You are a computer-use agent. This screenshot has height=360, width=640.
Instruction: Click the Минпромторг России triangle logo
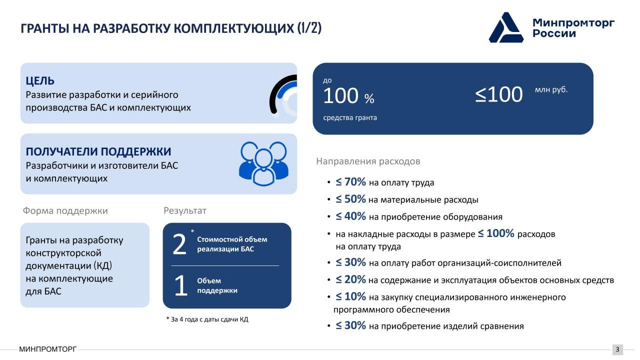(506, 27)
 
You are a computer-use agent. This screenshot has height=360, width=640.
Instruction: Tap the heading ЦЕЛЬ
(40, 81)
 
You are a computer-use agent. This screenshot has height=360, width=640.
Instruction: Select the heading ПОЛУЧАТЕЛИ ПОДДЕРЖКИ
(98, 151)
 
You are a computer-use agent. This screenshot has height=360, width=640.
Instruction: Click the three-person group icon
(263, 163)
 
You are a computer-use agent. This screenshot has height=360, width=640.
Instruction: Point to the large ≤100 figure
(499, 94)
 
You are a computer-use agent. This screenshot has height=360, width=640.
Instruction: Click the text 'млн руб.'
(551, 89)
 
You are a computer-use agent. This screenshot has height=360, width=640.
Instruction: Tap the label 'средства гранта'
(350, 117)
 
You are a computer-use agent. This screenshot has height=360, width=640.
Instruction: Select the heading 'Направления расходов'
(368, 161)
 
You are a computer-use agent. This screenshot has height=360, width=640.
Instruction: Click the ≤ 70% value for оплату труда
(350, 182)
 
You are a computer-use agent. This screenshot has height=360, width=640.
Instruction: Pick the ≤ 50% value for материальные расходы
(350, 199)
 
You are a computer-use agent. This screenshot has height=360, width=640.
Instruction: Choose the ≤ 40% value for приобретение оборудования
(350, 216)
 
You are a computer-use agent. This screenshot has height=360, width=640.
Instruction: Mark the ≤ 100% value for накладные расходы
(496, 233)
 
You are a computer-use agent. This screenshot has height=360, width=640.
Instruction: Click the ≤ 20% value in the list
(350, 279)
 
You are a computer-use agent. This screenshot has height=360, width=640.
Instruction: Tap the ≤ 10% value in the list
(350, 296)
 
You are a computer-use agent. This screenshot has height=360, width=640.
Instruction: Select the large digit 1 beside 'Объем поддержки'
(181, 285)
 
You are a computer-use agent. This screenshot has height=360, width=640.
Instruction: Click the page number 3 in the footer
(617, 349)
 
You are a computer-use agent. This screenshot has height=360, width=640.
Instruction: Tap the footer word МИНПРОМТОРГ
(48, 349)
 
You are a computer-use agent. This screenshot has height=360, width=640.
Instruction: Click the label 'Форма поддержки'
(65, 211)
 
